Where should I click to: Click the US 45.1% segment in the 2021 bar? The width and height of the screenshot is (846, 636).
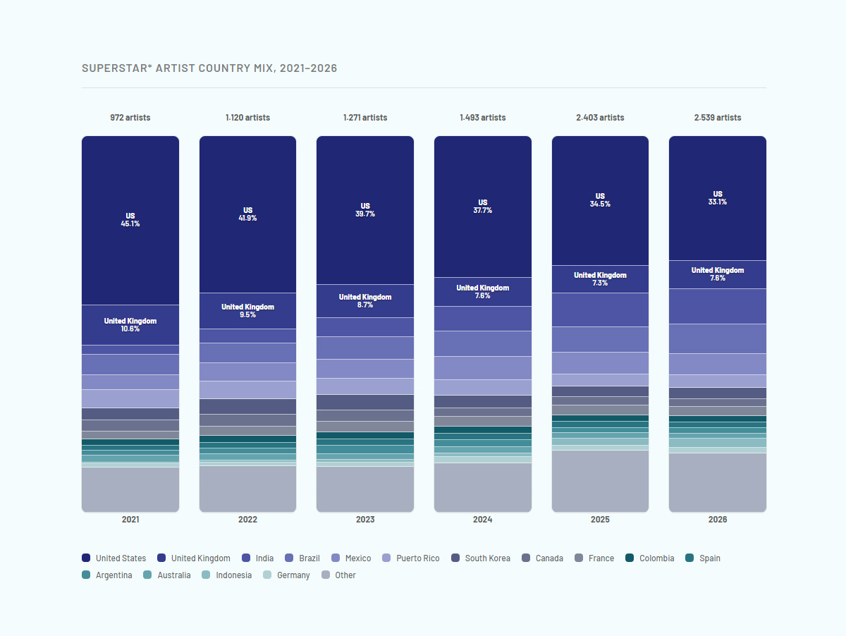130,220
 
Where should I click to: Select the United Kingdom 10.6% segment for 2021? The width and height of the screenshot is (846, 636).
130,325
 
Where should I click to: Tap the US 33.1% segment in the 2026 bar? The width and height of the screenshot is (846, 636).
717,198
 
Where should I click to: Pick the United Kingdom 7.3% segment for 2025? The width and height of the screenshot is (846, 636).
600,279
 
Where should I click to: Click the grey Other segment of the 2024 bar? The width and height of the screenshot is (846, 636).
482,488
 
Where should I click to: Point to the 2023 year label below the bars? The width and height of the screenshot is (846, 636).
365,520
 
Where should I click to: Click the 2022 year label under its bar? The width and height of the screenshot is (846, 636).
247,520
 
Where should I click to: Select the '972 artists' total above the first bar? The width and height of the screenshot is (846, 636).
130,118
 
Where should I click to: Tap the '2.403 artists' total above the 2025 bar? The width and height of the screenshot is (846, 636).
600,118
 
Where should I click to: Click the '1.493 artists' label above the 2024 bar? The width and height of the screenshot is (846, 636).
482,118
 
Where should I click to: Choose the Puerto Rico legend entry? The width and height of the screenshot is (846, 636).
411,558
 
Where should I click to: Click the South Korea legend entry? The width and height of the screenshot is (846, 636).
481,558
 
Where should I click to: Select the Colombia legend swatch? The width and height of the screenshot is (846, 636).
630,558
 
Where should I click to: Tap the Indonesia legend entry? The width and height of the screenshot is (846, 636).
226,575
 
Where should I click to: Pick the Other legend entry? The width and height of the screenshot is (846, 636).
338,575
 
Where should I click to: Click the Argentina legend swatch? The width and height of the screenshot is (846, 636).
86,575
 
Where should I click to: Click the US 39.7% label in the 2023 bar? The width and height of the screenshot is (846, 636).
365,210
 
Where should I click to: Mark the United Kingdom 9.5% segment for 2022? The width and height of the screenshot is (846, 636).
247,311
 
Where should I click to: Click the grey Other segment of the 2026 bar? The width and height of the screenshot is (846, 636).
717,482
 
